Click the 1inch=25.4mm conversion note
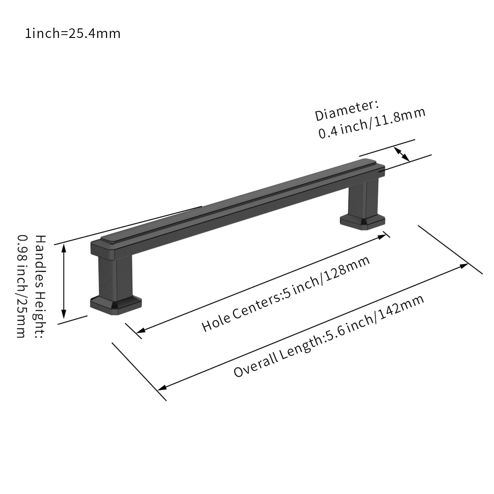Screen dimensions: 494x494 point(73,33)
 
